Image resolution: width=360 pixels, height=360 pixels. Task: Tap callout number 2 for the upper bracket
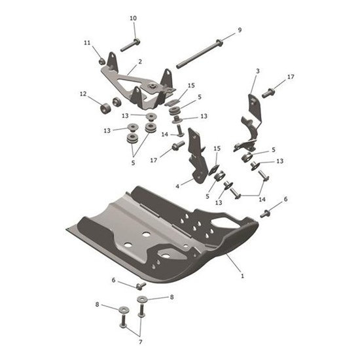coord(139,63)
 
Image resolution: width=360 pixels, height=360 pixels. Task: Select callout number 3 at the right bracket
coord(257,71)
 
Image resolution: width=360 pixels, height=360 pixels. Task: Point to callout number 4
coord(177,186)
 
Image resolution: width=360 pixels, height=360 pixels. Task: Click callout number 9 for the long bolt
coord(239,30)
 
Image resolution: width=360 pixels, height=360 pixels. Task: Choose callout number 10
coord(134,18)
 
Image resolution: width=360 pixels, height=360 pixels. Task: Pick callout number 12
coord(82,94)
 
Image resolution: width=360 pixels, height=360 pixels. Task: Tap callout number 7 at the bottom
coord(140,342)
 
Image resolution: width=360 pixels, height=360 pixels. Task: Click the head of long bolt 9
coord(218,45)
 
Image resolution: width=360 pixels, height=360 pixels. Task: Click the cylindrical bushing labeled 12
coord(104,106)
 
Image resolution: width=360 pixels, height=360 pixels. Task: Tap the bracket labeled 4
coord(195,157)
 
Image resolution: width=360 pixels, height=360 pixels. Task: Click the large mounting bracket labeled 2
coord(141,85)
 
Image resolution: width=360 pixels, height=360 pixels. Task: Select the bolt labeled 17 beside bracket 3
coord(269,93)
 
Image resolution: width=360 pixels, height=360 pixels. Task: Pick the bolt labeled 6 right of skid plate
coord(265,213)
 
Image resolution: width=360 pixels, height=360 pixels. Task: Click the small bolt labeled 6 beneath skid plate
coord(140,286)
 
